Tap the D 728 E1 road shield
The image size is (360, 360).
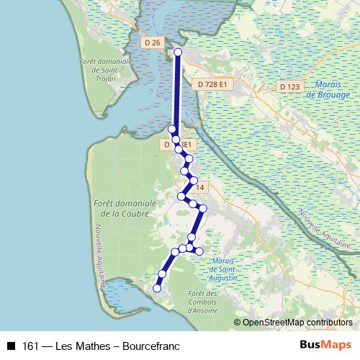(x=212, y=84)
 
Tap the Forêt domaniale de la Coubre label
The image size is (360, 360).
(x=120, y=209)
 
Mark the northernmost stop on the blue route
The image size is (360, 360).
(x=178, y=53)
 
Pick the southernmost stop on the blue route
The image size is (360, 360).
(x=157, y=288)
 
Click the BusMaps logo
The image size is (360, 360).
(x=325, y=345)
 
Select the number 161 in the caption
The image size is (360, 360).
(x=30, y=346)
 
